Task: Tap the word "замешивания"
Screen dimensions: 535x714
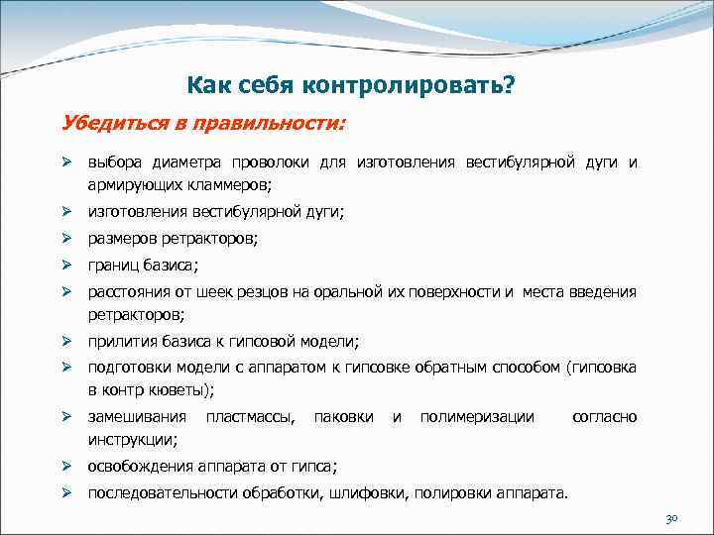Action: click(x=137, y=417)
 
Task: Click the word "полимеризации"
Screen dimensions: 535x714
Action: click(x=477, y=417)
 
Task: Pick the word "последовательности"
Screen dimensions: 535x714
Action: click(x=159, y=492)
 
